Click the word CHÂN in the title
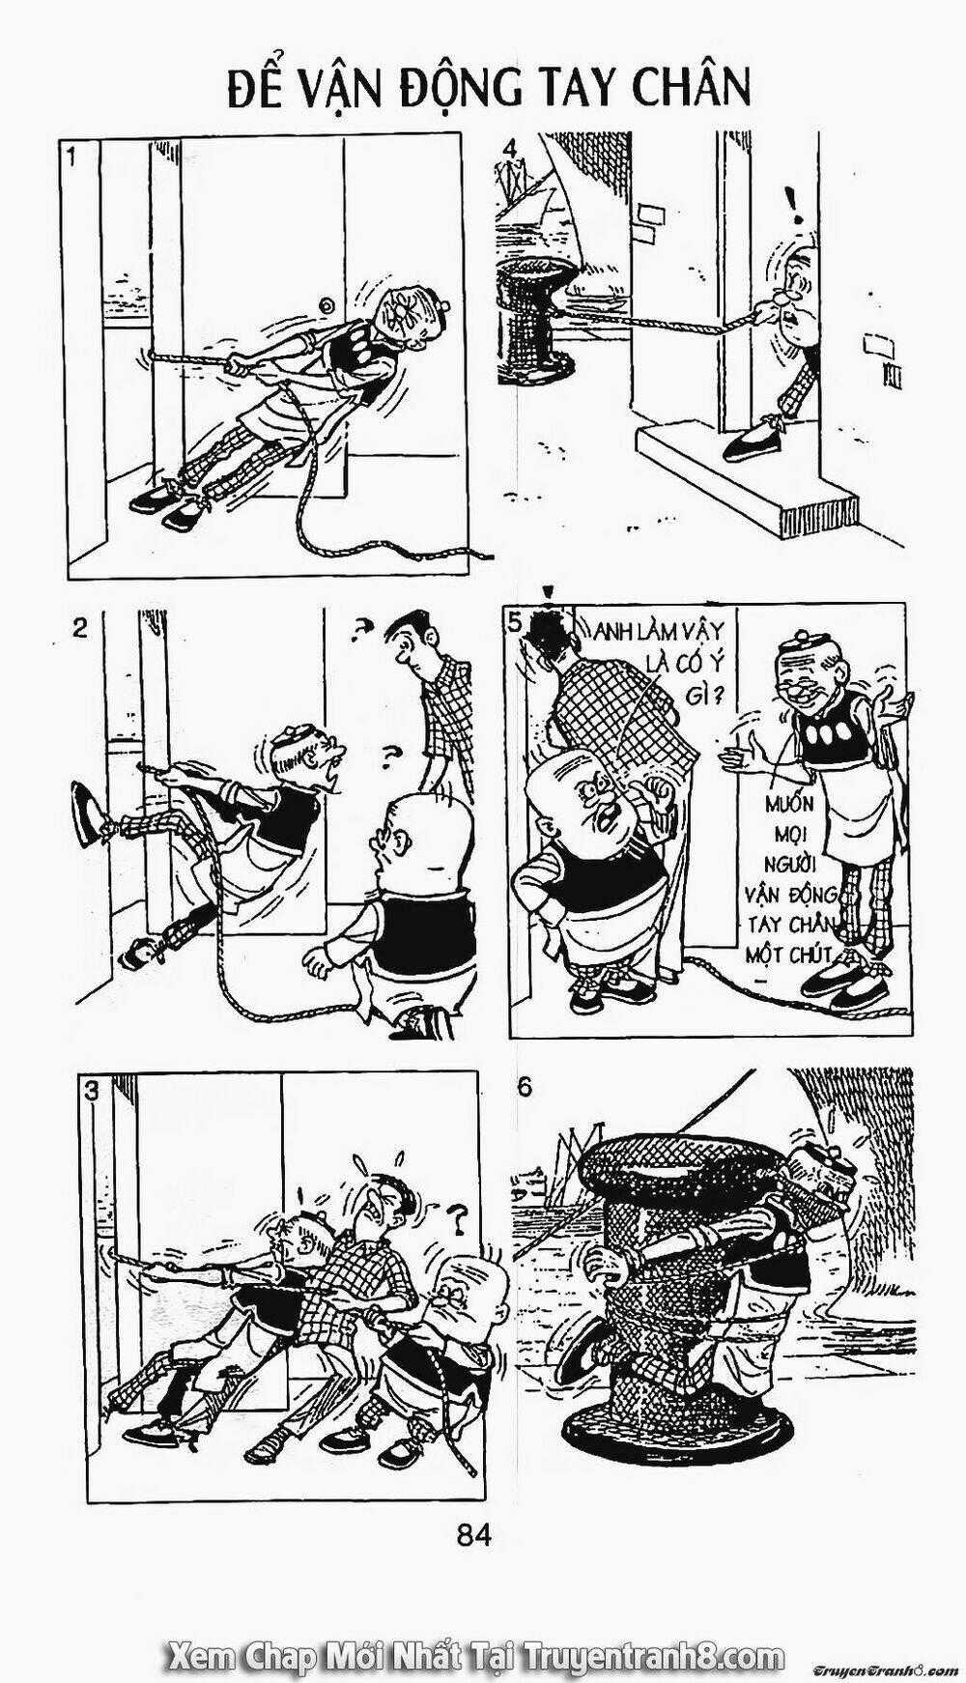click(x=691, y=88)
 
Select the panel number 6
click(x=524, y=1087)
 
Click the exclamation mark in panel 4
click(x=794, y=204)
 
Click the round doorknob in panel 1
click(x=327, y=306)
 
